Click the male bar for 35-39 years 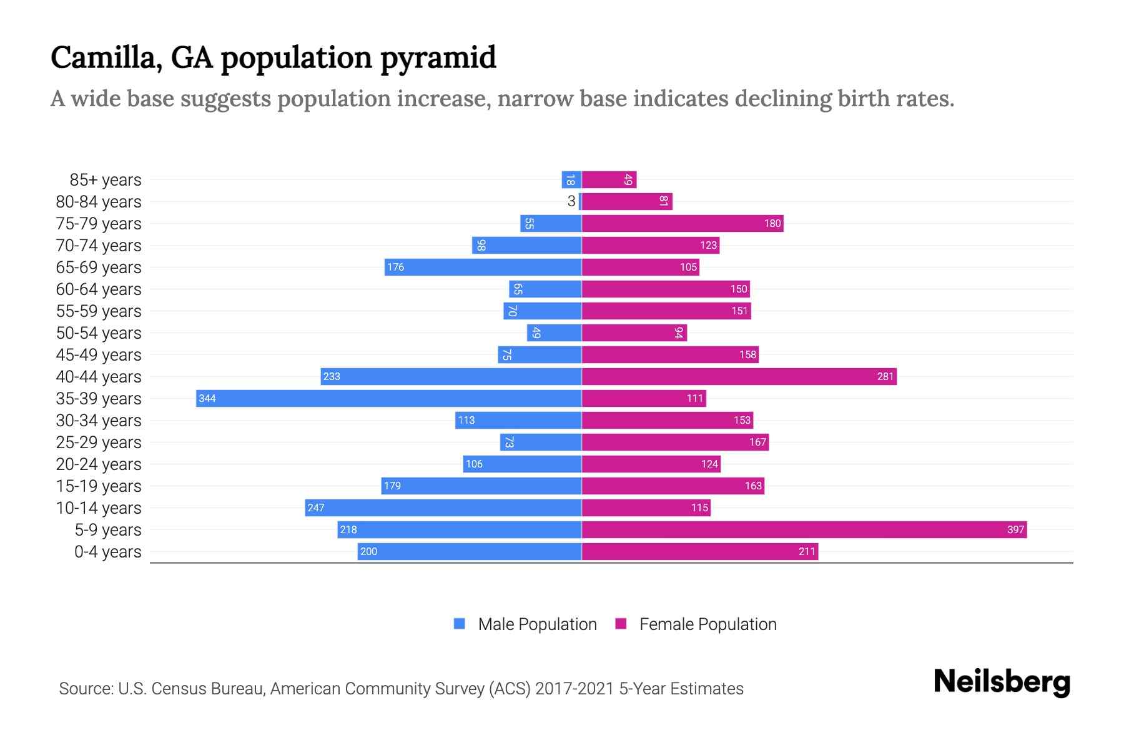pyautogui.click(x=388, y=398)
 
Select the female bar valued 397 pyautogui.click(x=804, y=529)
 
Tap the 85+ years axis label pyautogui.click(x=105, y=180)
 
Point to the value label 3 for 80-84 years pyautogui.click(x=571, y=201)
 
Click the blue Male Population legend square pyautogui.click(x=460, y=624)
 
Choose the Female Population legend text pyautogui.click(x=707, y=624)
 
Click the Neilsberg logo pyautogui.click(x=1002, y=682)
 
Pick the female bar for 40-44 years pyautogui.click(x=739, y=376)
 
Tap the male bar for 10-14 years pyautogui.click(x=443, y=507)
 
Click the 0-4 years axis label pyautogui.click(x=107, y=552)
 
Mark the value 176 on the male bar pyautogui.click(x=395, y=267)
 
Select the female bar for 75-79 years pyautogui.click(x=683, y=223)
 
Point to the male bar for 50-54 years pyautogui.click(x=554, y=332)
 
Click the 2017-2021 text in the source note pyautogui.click(x=574, y=689)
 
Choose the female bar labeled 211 pyautogui.click(x=699, y=551)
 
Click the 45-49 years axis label pyautogui.click(x=99, y=355)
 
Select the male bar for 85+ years pyautogui.click(x=571, y=180)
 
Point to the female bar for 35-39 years pyautogui.click(x=644, y=398)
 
